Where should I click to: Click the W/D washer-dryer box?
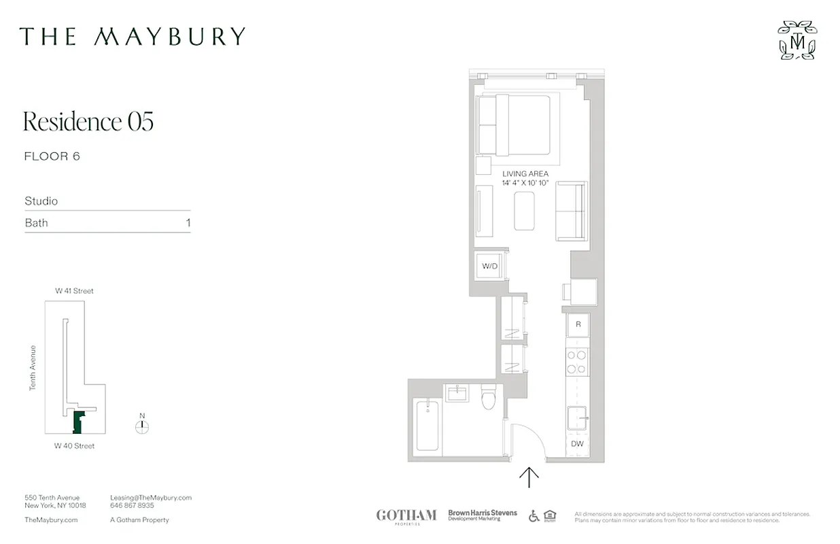click(x=490, y=266)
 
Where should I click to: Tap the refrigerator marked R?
click(x=578, y=324)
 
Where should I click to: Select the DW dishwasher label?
click(x=577, y=444)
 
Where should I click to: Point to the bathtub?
click(x=427, y=426)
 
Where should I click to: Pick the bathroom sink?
click(x=457, y=393)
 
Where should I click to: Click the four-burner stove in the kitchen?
click(x=577, y=362)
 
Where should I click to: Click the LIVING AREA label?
click(x=525, y=174)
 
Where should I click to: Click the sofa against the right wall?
click(x=571, y=211)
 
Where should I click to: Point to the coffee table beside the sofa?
click(x=524, y=211)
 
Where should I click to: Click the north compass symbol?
click(x=142, y=426)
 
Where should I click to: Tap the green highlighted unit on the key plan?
click(x=78, y=422)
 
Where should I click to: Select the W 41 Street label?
click(x=75, y=291)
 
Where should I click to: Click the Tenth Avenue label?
click(x=32, y=368)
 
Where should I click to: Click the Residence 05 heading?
click(x=88, y=122)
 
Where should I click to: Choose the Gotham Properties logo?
click(x=406, y=515)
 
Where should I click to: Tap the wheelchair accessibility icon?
click(x=534, y=515)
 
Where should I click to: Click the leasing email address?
click(x=151, y=498)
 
